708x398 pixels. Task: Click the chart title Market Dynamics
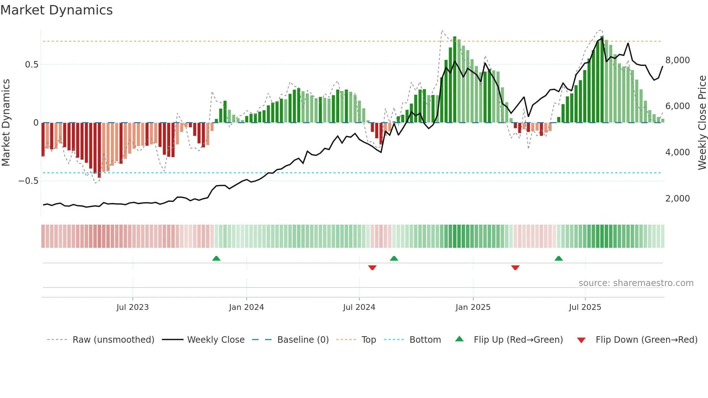[x=56, y=10]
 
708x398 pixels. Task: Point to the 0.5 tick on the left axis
[x=31, y=65]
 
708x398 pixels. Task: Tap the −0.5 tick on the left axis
[x=28, y=181]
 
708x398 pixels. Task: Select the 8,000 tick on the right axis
[x=677, y=60]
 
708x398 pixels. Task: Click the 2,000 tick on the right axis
[x=677, y=198]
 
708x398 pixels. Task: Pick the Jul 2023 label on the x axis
[x=133, y=307]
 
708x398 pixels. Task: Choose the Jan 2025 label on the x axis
[x=473, y=307]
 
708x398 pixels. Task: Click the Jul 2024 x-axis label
[x=359, y=307]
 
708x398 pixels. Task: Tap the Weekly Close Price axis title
[x=702, y=122]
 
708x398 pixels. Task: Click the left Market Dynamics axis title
[x=6, y=122]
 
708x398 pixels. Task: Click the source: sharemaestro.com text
[x=636, y=283]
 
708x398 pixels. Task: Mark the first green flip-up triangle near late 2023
[x=216, y=259]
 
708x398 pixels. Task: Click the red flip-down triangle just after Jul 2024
[x=372, y=267]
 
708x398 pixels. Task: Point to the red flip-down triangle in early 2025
[x=515, y=267]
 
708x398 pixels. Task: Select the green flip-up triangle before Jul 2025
[x=558, y=259]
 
